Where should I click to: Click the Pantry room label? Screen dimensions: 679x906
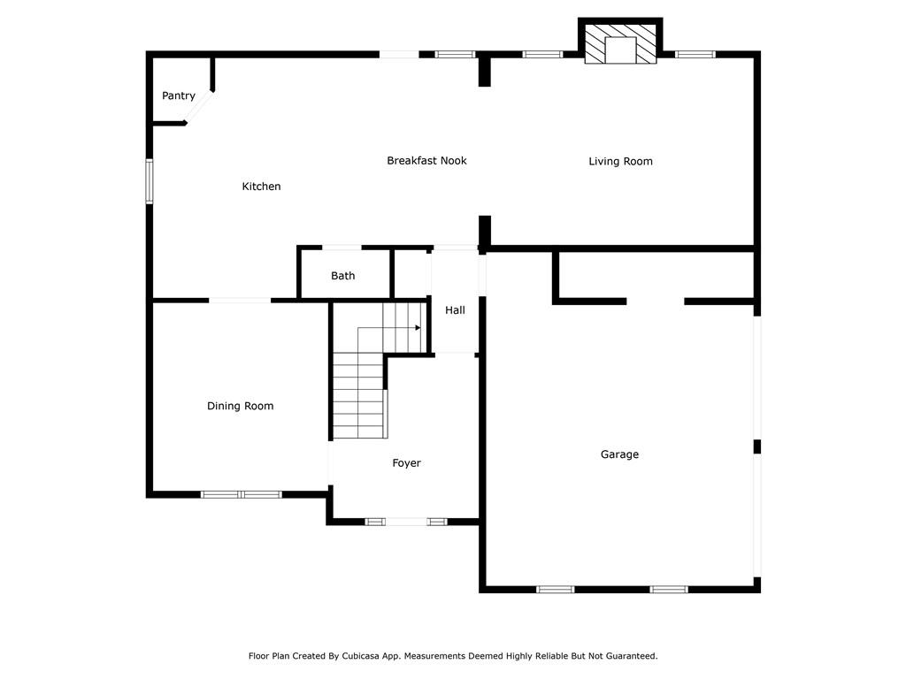coord(179,95)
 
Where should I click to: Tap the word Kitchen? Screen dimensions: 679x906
coord(261,187)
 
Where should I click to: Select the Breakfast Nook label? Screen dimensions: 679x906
coord(426,161)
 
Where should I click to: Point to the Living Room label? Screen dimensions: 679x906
coord(620,161)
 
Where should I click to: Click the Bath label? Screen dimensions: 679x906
coord(343,276)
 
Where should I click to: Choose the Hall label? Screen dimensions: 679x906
coord(455,310)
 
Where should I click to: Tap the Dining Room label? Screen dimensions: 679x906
coord(240,406)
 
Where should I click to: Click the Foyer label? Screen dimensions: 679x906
coord(406,463)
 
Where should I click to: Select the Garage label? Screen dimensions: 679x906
coord(619,454)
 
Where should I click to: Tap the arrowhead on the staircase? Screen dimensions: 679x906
coord(418,327)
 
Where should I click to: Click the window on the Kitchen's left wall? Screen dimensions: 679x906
coord(150,181)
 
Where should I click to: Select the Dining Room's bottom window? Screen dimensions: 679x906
coord(241,494)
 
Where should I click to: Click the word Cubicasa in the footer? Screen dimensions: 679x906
coord(379,656)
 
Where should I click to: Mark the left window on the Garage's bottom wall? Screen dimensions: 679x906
coord(555,589)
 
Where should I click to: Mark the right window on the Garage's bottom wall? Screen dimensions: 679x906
coord(669,589)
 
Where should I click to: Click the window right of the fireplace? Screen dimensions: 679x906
coord(695,55)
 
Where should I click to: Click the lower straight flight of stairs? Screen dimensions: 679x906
coord(357,395)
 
